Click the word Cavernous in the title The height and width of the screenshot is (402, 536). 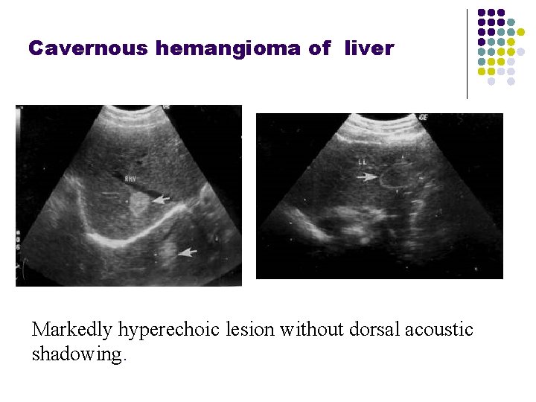pyautogui.click(x=89, y=48)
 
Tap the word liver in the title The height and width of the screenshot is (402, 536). pyautogui.click(x=368, y=48)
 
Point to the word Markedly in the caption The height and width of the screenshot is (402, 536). pyautogui.click(x=72, y=329)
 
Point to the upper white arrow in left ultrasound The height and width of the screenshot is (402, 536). pyautogui.click(x=162, y=200)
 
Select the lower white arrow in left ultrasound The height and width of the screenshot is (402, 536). pyautogui.click(x=188, y=252)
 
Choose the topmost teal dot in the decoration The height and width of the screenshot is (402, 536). pyautogui.click(x=511, y=23)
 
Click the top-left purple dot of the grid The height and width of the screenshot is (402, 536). pyautogui.click(x=482, y=13)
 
